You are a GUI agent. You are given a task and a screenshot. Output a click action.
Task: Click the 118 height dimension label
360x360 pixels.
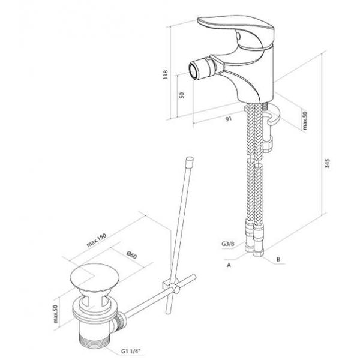(166, 74)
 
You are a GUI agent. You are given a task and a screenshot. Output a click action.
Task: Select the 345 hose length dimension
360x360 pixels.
(328, 163)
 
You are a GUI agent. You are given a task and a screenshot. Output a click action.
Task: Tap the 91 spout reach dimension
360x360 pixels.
(229, 119)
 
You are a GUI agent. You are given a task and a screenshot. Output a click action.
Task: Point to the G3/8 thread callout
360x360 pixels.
(228, 244)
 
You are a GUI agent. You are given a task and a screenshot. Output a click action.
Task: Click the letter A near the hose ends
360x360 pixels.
(229, 265)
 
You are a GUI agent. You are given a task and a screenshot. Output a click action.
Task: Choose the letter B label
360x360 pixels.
(278, 259)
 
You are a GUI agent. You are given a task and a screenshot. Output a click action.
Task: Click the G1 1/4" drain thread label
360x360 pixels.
(131, 351)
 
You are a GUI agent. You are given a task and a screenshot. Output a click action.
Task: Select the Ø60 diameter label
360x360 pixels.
(132, 255)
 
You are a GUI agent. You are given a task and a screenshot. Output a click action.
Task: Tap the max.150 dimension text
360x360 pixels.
(97, 240)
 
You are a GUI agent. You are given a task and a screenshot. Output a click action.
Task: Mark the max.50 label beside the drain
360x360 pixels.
(56, 314)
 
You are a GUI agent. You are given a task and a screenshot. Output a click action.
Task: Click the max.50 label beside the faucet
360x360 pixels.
(304, 121)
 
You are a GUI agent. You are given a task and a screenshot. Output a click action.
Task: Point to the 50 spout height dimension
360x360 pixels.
(182, 95)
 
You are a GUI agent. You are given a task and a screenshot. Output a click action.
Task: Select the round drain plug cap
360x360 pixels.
(95, 278)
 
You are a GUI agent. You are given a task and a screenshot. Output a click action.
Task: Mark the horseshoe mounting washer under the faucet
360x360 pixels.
(272, 113)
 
